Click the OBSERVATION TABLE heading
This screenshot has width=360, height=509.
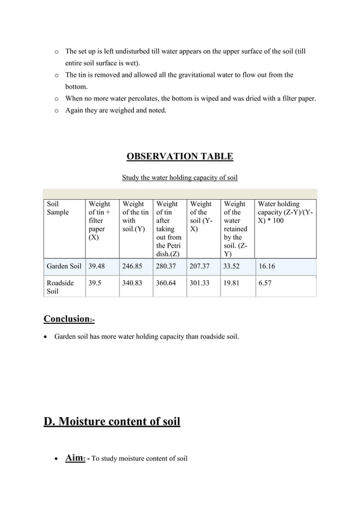point(179,156)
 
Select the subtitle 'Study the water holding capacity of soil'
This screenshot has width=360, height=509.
point(179,178)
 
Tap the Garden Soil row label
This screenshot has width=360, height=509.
point(64,266)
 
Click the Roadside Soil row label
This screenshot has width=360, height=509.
point(60,288)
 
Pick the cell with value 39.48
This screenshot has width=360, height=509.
point(97,266)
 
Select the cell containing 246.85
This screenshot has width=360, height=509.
point(133,266)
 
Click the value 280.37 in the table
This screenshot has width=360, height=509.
point(167,266)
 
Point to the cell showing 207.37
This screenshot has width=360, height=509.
point(201,266)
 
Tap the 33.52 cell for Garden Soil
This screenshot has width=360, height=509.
point(233,266)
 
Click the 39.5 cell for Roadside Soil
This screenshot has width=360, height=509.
point(95,284)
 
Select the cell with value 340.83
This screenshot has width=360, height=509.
point(133,284)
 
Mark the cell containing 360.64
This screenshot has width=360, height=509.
point(167,284)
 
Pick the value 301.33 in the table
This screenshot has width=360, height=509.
point(201,284)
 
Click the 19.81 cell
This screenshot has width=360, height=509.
point(233,284)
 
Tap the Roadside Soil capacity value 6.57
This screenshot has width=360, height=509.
point(265,284)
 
